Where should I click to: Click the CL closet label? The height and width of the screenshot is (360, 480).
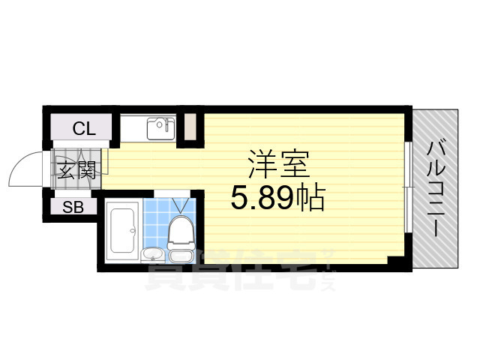84,128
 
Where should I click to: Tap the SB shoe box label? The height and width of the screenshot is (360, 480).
73,207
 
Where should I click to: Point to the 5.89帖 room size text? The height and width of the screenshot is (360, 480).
277,199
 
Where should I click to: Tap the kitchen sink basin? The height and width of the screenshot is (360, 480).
160,129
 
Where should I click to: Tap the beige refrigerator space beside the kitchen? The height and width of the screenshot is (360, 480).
190,127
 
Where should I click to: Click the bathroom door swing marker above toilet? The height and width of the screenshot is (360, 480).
180,205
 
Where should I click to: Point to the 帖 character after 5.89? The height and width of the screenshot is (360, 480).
308,199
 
